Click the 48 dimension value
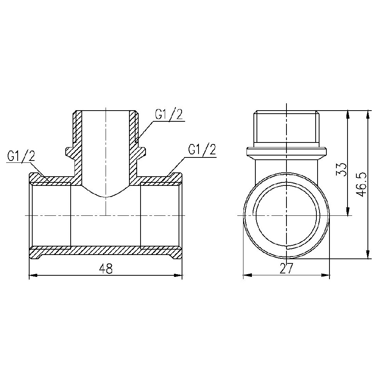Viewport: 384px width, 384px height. coord(106,269)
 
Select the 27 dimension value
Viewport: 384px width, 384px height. coord(286,268)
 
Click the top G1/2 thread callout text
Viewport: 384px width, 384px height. coord(169,114)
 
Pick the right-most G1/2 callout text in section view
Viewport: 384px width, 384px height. coord(202,149)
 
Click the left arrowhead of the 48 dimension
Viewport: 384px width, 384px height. coord(33,275)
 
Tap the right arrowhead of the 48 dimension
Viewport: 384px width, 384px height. coord(178,275)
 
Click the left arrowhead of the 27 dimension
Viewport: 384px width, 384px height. coord(247,275)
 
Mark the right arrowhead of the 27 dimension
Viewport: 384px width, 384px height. coord(326,275)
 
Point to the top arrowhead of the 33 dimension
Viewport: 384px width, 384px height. coord(348,115)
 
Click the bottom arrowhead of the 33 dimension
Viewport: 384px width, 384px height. coord(348,211)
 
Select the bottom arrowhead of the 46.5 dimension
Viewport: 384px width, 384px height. coord(367,255)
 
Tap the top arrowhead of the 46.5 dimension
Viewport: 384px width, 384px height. coord(367,115)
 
